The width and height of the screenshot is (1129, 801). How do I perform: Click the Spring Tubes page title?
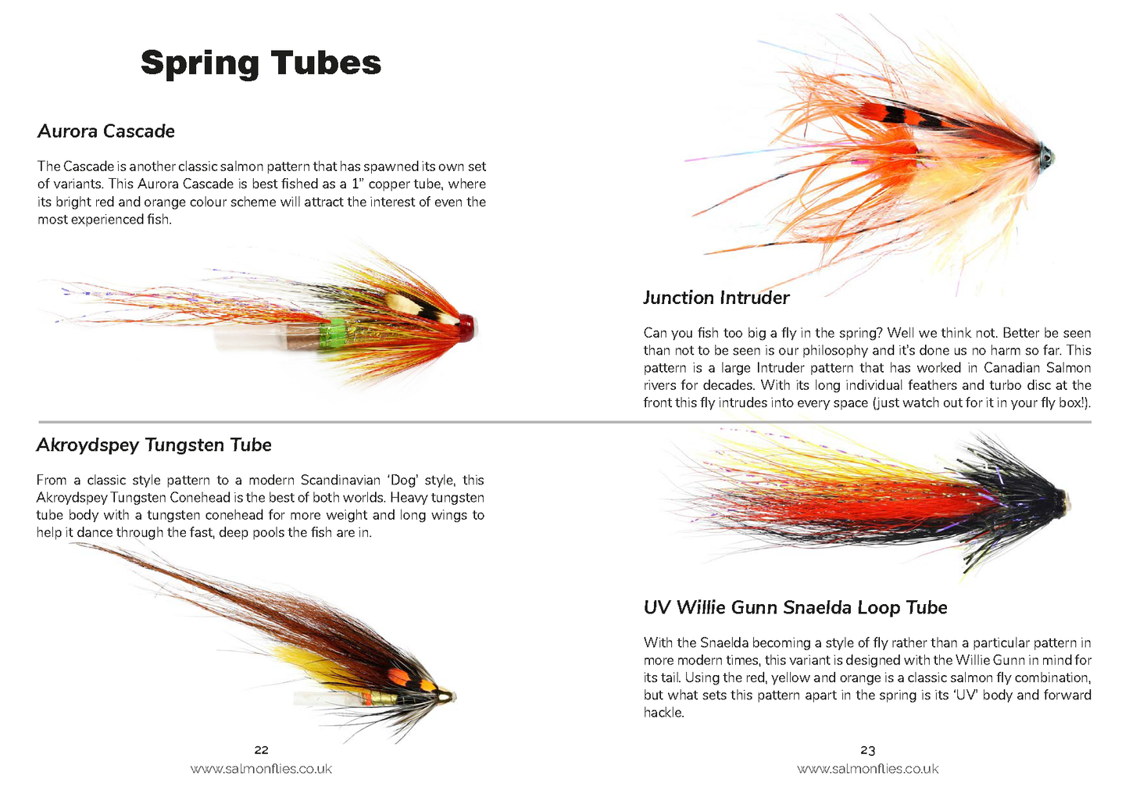tap(261, 63)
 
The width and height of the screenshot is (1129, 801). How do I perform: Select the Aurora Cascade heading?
tap(106, 131)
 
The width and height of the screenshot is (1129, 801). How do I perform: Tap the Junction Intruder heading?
tap(716, 298)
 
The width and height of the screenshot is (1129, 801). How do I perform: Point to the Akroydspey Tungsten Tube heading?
tap(154, 445)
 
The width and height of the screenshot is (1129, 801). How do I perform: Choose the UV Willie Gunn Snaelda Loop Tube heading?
tap(795, 608)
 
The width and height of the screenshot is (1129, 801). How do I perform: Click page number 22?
tap(261, 750)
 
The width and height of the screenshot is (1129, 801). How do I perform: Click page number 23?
tap(867, 750)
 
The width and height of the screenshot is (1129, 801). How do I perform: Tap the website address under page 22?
tap(261, 769)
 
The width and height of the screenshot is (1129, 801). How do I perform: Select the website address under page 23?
tap(867, 769)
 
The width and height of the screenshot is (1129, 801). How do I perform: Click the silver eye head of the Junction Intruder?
tap(1045, 156)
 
